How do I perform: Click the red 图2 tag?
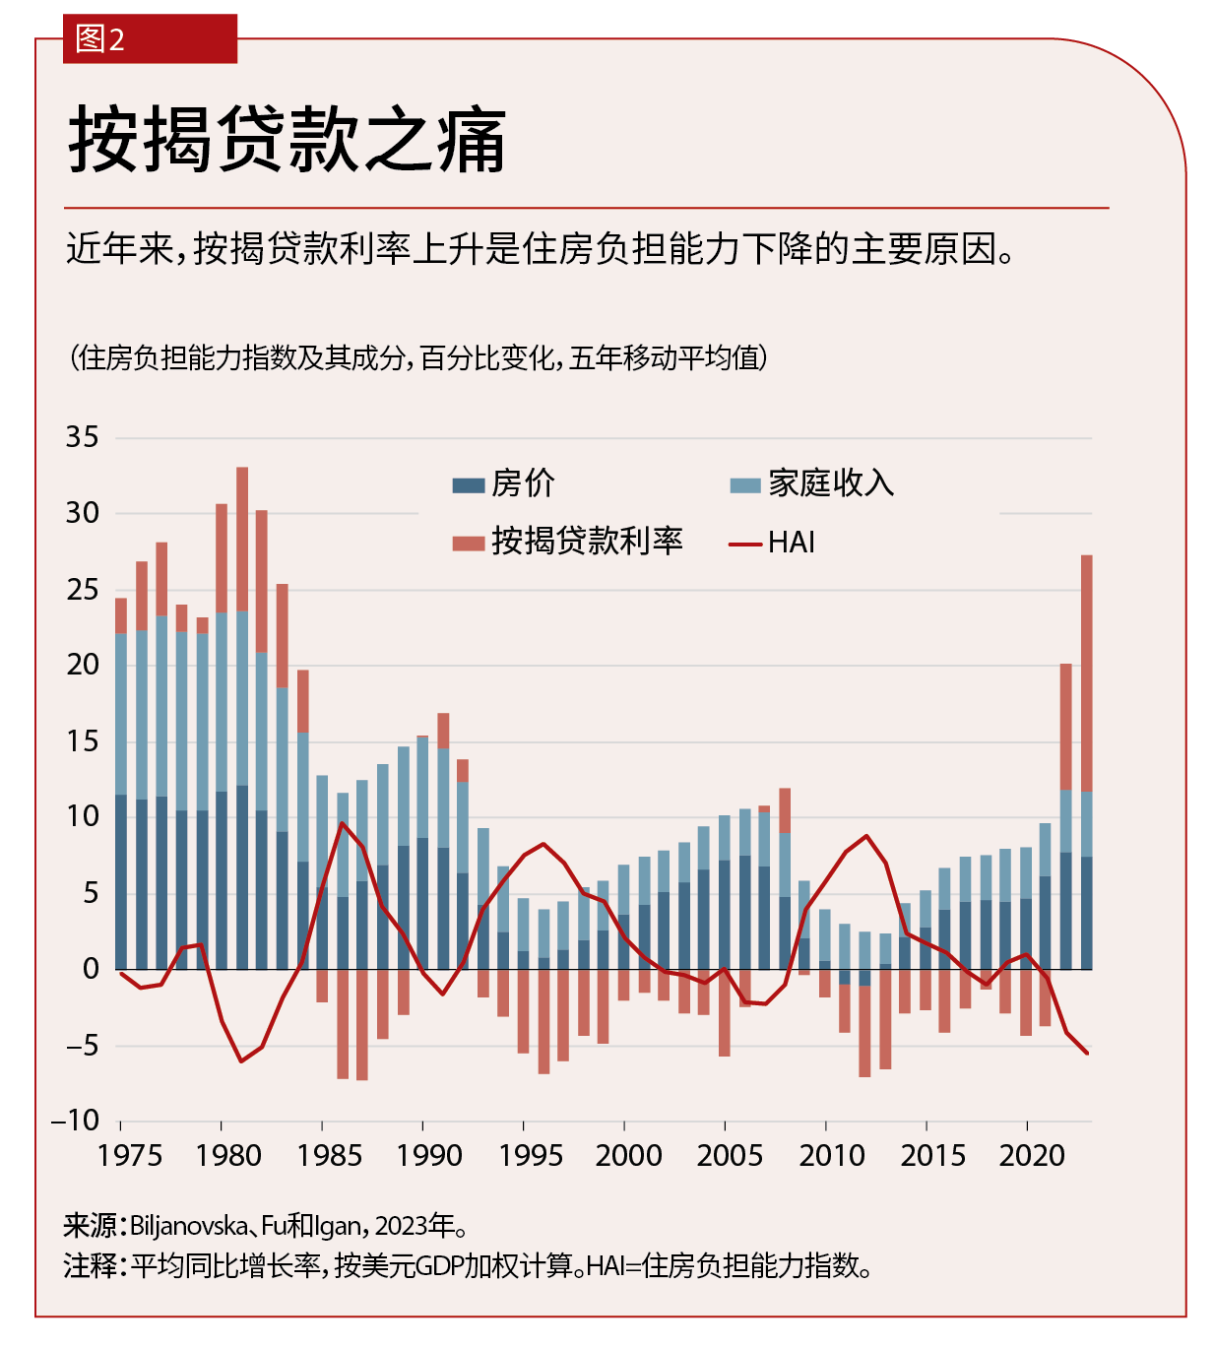[x=149, y=39]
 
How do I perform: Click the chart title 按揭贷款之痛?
[x=287, y=141]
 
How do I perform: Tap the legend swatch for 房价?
[x=469, y=484]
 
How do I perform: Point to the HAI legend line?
[x=745, y=544]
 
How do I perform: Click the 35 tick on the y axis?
[x=83, y=437]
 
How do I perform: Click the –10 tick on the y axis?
[x=76, y=1121]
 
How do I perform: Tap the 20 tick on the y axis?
[x=83, y=665]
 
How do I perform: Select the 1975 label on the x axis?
[x=129, y=1155]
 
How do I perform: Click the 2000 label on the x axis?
[x=628, y=1155]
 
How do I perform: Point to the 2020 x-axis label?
[x=1032, y=1155]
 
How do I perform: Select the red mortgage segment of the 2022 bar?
[x=1066, y=727]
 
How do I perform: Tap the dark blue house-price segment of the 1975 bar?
[x=121, y=881]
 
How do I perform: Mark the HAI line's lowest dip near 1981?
[x=241, y=1060]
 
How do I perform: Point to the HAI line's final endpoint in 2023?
[x=1087, y=1054]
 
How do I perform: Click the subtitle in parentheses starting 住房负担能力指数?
[x=418, y=357]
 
